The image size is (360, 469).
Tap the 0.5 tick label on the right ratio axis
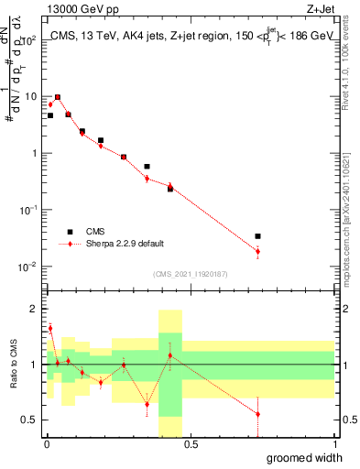click(x=347, y=420)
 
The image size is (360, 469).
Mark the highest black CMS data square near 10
click(x=58, y=97)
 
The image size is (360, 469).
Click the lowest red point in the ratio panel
click(x=257, y=414)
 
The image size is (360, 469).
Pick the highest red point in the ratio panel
click(x=50, y=328)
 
